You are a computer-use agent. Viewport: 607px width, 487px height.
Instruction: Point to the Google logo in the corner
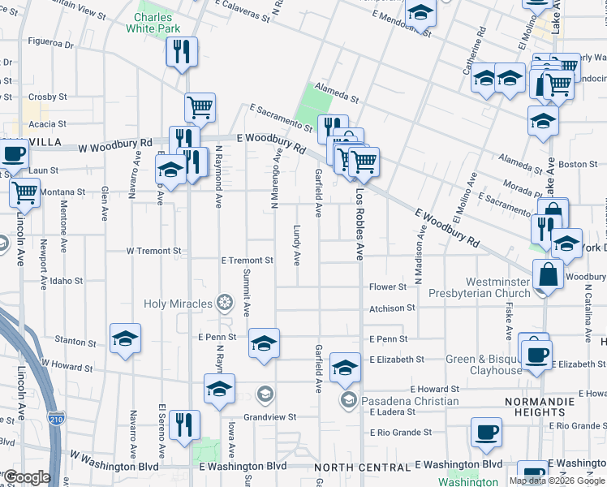27,477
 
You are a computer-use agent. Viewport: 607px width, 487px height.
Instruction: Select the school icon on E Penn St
264,343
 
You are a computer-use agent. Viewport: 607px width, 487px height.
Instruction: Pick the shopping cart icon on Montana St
25,192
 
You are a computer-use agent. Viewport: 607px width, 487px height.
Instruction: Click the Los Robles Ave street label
359,225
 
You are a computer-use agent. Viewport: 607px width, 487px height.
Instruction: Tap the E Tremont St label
247,261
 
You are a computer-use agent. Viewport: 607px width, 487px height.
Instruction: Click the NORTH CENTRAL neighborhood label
361,468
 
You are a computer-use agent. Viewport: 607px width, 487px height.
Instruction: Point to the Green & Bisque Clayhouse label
484,364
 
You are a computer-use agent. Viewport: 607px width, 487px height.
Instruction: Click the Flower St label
388,287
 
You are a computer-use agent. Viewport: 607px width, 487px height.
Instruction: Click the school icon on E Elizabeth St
345,368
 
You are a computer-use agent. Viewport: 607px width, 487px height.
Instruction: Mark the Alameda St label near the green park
338,98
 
